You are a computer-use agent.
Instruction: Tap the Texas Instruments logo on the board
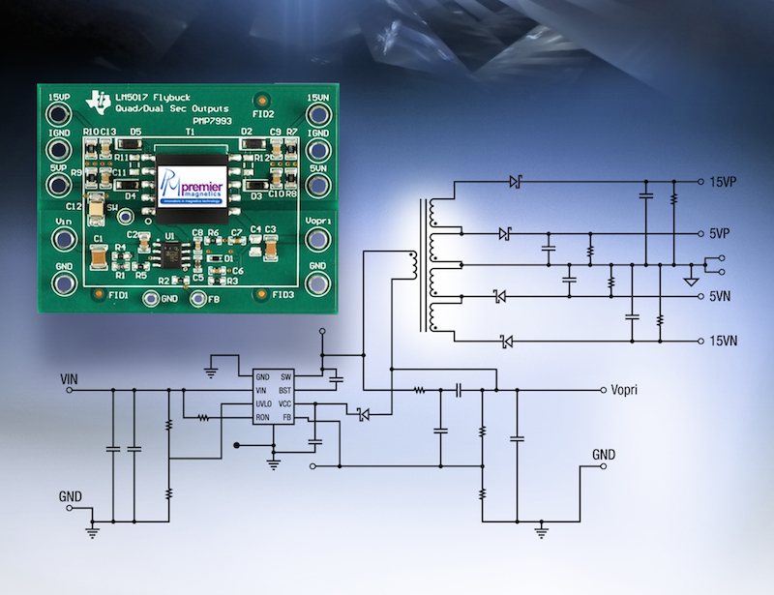pyautogui.click(x=98, y=99)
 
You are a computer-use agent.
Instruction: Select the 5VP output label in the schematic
pyautogui.click(x=722, y=234)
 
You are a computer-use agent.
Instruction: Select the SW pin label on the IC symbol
pyautogui.click(x=285, y=375)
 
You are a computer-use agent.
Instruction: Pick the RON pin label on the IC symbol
pyautogui.click(x=262, y=417)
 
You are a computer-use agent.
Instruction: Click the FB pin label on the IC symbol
pyautogui.click(x=286, y=417)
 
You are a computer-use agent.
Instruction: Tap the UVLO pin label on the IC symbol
pyautogui.click(x=263, y=403)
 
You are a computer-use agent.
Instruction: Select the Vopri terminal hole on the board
pyautogui.click(x=317, y=241)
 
